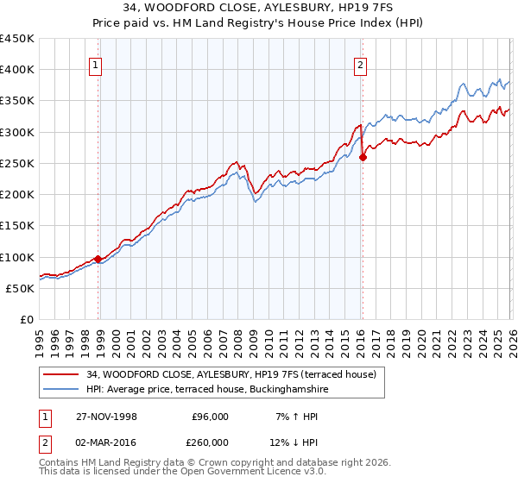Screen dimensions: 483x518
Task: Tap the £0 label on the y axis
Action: (27, 320)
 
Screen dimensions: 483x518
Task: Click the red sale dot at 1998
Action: (98, 259)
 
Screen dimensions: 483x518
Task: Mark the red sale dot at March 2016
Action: (363, 157)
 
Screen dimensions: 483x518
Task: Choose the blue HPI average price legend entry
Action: (207, 390)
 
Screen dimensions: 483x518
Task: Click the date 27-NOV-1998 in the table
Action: (106, 416)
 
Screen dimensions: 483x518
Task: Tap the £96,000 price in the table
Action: (210, 416)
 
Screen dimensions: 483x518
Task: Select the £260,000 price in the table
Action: (210, 443)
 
